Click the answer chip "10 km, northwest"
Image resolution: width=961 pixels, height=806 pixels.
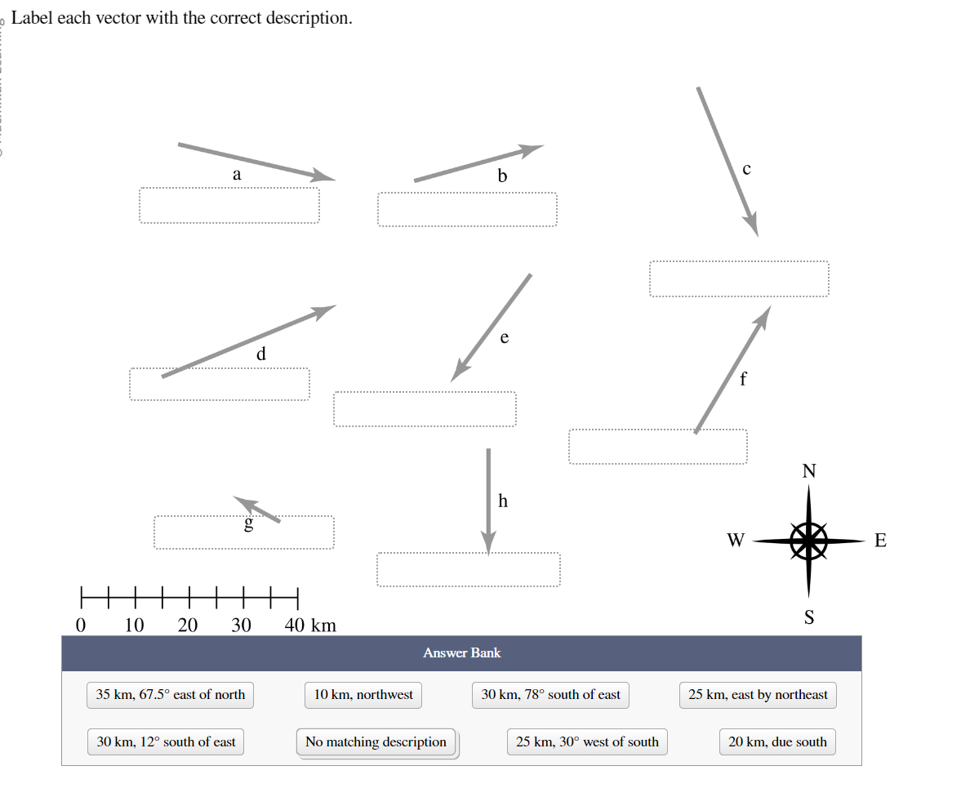coord(363,695)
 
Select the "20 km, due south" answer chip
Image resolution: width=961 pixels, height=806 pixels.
coord(777,742)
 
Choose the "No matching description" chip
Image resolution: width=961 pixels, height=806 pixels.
coord(376,742)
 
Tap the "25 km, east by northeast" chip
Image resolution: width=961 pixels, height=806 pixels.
coord(758,695)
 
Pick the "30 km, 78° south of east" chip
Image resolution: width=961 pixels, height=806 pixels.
coord(551,695)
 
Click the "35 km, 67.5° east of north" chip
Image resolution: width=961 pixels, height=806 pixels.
coord(171,695)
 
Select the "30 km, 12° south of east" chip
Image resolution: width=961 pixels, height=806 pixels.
coord(166,742)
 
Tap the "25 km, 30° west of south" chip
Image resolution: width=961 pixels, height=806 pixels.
coord(587,742)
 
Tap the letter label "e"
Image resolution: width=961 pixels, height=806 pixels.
coord(505,337)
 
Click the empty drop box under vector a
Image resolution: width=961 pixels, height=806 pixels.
coord(229,205)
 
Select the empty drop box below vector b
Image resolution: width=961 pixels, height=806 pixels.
coord(467,209)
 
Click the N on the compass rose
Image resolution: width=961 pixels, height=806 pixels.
coord(808,471)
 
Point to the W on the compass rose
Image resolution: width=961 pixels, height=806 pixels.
coord(736,540)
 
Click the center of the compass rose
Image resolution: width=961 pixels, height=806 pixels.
coord(808,540)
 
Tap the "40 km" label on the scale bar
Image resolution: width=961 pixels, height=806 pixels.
coord(310,626)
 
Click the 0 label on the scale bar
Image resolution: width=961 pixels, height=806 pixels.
coord(80,626)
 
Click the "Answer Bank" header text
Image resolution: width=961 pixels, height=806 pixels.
coord(461,653)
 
